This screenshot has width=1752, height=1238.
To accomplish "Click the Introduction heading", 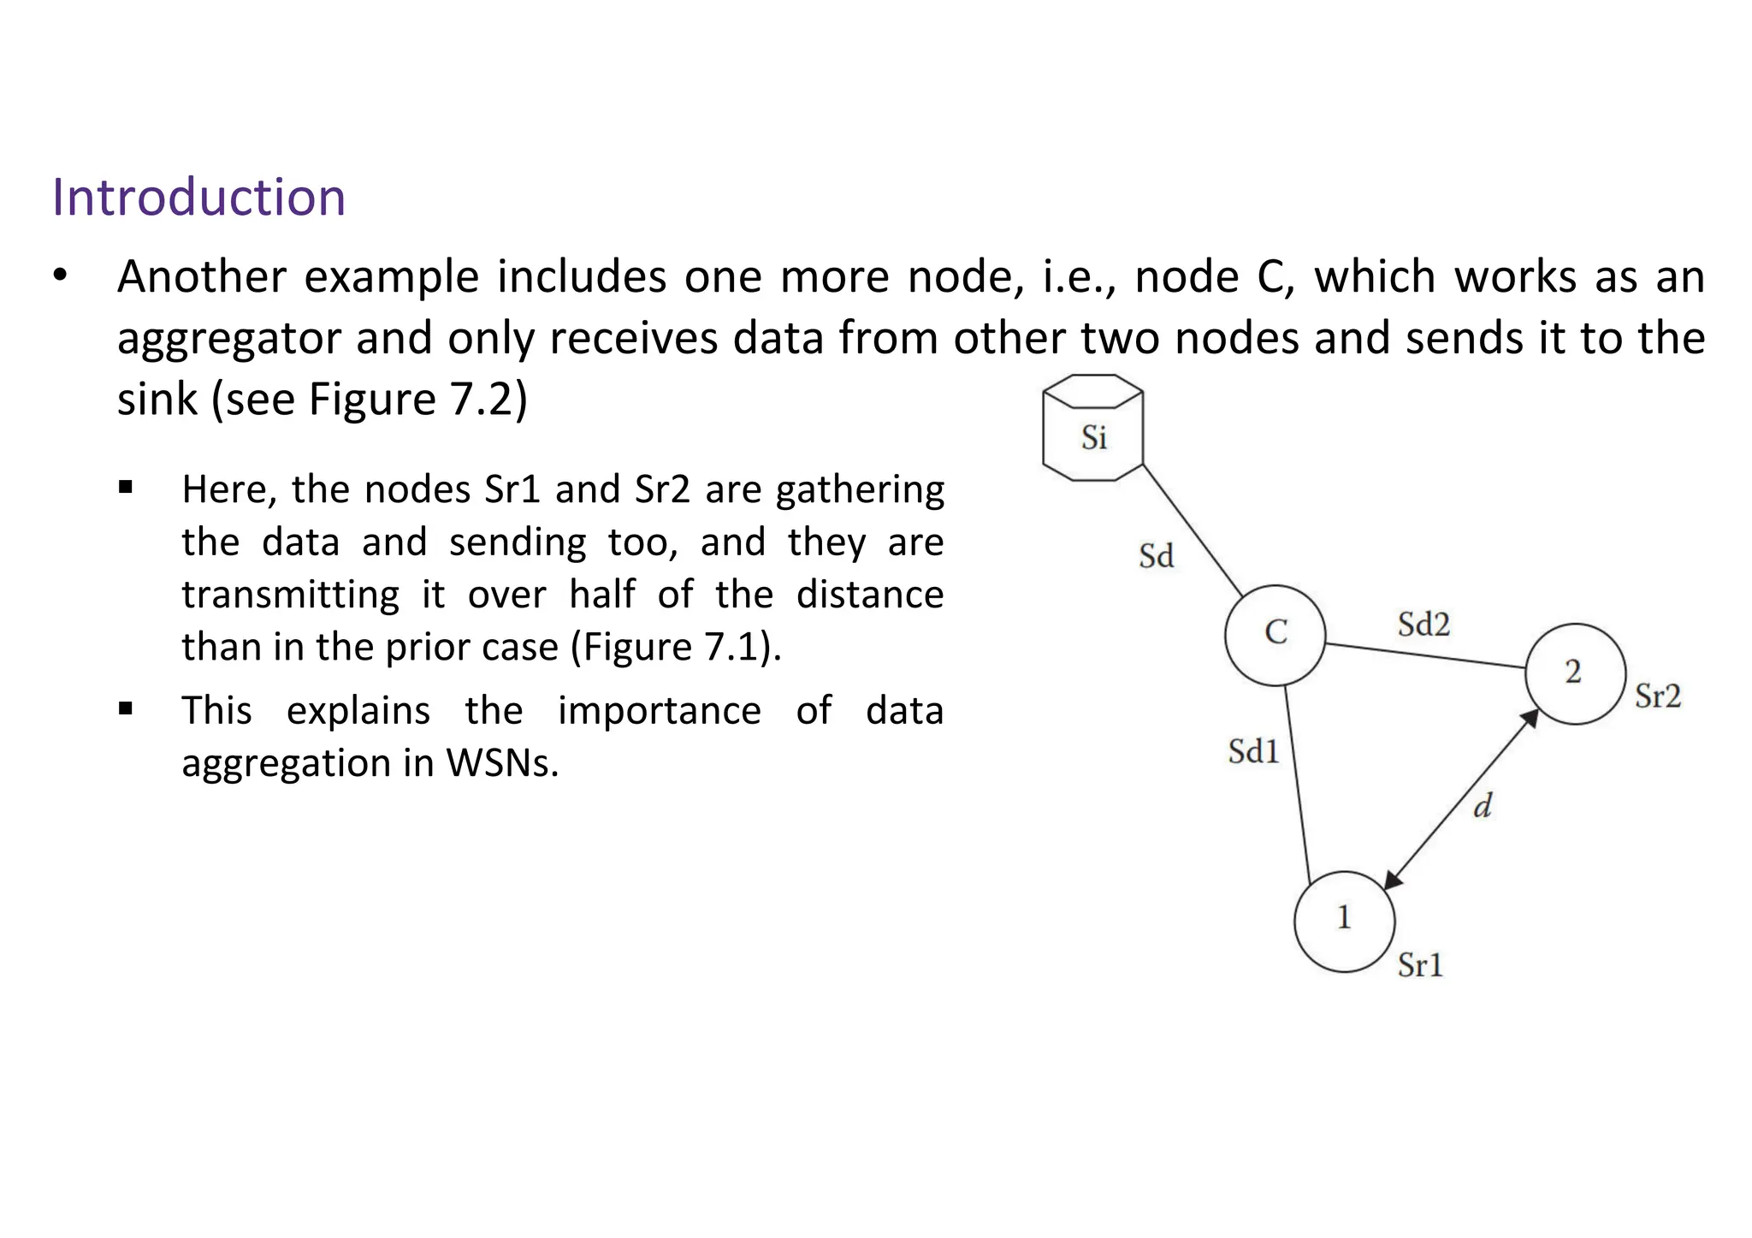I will click(198, 198).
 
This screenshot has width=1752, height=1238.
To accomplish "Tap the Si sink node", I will click(1093, 429).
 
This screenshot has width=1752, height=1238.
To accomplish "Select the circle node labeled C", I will click(1275, 635).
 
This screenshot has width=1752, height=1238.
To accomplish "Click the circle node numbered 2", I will click(1575, 673).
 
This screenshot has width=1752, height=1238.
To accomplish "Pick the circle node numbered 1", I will click(1344, 921).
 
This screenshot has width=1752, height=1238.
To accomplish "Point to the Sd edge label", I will click(1156, 557).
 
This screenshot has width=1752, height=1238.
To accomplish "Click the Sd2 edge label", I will click(1423, 625).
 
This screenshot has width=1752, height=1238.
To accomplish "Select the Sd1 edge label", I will click(1253, 752).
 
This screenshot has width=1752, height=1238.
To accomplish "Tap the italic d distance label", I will click(1483, 805).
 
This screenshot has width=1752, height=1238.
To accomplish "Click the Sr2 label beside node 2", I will click(1657, 696).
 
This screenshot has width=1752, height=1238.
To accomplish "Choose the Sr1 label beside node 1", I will click(1420, 966).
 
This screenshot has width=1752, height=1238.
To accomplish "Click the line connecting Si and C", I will click(1192, 530).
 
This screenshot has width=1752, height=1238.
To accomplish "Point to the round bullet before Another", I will click(59, 276).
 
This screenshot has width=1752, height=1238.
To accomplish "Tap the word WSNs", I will click(501, 763).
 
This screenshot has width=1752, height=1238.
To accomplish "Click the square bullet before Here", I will click(126, 489).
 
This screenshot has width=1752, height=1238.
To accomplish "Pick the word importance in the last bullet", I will click(659, 711).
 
